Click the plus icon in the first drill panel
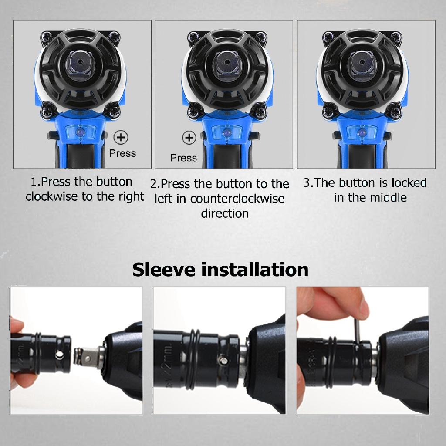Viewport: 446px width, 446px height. pyautogui.click(x=121, y=138)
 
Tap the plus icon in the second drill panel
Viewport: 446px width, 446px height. pyautogui.click(x=189, y=138)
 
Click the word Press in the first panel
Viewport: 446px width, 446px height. pyautogui.click(x=122, y=153)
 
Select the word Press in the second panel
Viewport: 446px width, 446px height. pyautogui.click(x=183, y=158)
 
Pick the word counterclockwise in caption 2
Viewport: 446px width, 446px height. pyautogui.click(x=237, y=199)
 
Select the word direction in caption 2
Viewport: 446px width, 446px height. pyautogui.click(x=225, y=213)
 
